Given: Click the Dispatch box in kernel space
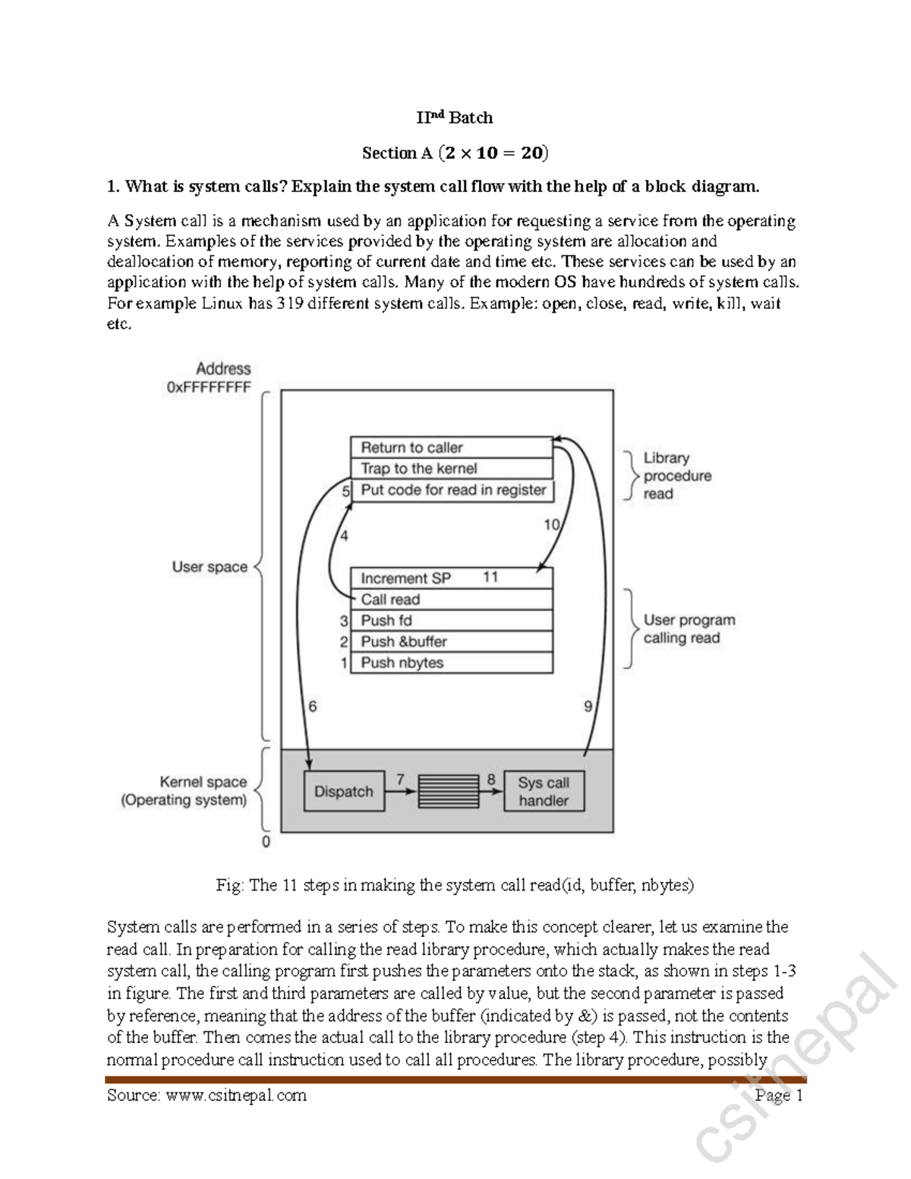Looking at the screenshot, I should [344, 791].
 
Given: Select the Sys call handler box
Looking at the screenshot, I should [544, 791].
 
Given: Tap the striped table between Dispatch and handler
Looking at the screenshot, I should [448, 791].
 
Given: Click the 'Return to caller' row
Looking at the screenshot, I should [452, 447].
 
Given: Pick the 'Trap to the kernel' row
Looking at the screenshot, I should [452, 468].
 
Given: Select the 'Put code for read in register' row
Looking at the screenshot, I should [453, 490].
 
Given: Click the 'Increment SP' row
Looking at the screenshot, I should [452, 578].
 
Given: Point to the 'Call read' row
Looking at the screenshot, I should [452, 600].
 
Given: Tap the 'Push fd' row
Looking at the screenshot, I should [452, 620].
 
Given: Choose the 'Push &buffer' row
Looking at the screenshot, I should [452, 642].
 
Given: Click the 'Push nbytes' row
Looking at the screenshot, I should [452, 663].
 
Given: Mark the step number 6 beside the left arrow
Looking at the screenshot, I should [313, 706].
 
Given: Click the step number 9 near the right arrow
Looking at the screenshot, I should [588, 707].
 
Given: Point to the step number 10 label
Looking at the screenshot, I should [552, 525].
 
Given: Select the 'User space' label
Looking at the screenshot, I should [210, 567].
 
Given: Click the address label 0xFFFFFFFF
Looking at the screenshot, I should [209, 387].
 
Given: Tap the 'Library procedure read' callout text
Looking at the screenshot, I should [677, 476].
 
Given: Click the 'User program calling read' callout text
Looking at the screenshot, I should [689, 629].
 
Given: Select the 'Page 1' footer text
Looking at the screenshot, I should [779, 1095].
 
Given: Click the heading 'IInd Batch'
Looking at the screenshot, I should [455, 118].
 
